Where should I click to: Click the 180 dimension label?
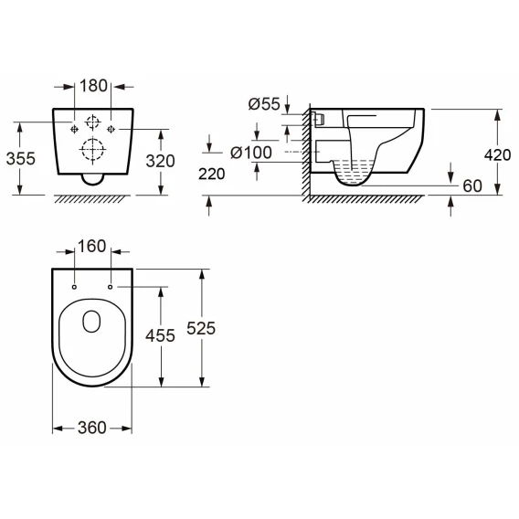tap(93, 86)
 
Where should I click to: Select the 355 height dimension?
tap(20, 159)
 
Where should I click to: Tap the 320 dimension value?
tap(160, 161)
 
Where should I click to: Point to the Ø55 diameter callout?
tap(264, 104)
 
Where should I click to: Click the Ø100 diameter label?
tap(251, 153)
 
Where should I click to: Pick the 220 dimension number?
tap(211, 174)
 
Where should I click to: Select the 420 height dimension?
tap(497, 155)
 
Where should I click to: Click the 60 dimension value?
tap(472, 186)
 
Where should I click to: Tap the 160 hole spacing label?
tap(91, 247)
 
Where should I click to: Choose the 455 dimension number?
tap(160, 335)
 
